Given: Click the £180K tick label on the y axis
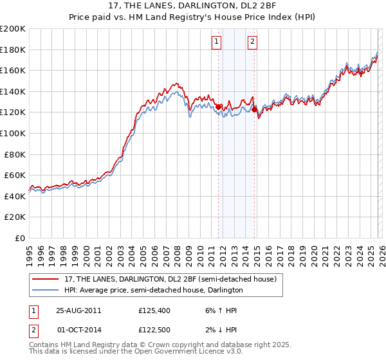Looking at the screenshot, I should coord(13,50).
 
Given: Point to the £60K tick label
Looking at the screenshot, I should coord(15,175).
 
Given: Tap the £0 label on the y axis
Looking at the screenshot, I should coord(19,238).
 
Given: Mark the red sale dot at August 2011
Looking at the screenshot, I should coord(218,107).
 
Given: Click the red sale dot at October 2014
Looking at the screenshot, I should coord(253,110).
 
